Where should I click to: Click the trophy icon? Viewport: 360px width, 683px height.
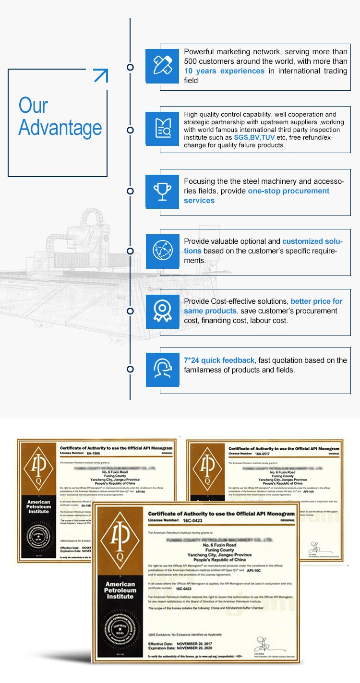click(x=162, y=192)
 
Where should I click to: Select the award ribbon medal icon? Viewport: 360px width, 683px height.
click(x=162, y=311)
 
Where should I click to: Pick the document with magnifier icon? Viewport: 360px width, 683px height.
click(x=162, y=129)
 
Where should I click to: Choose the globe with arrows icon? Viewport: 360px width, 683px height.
click(x=162, y=250)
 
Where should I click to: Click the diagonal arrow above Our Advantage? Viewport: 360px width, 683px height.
click(x=100, y=75)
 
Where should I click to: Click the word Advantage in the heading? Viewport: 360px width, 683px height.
click(x=60, y=128)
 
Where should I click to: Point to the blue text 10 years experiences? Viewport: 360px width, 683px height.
click(x=224, y=71)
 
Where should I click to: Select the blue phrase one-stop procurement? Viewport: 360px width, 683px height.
click(x=288, y=191)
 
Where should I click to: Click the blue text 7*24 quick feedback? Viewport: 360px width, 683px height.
click(x=219, y=360)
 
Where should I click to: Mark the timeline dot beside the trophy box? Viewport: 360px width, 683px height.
click(x=130, y=192)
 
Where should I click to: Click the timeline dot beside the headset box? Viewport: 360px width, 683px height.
click(x=130, y=369)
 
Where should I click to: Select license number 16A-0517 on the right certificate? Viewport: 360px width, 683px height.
click(x=263, y=453)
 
